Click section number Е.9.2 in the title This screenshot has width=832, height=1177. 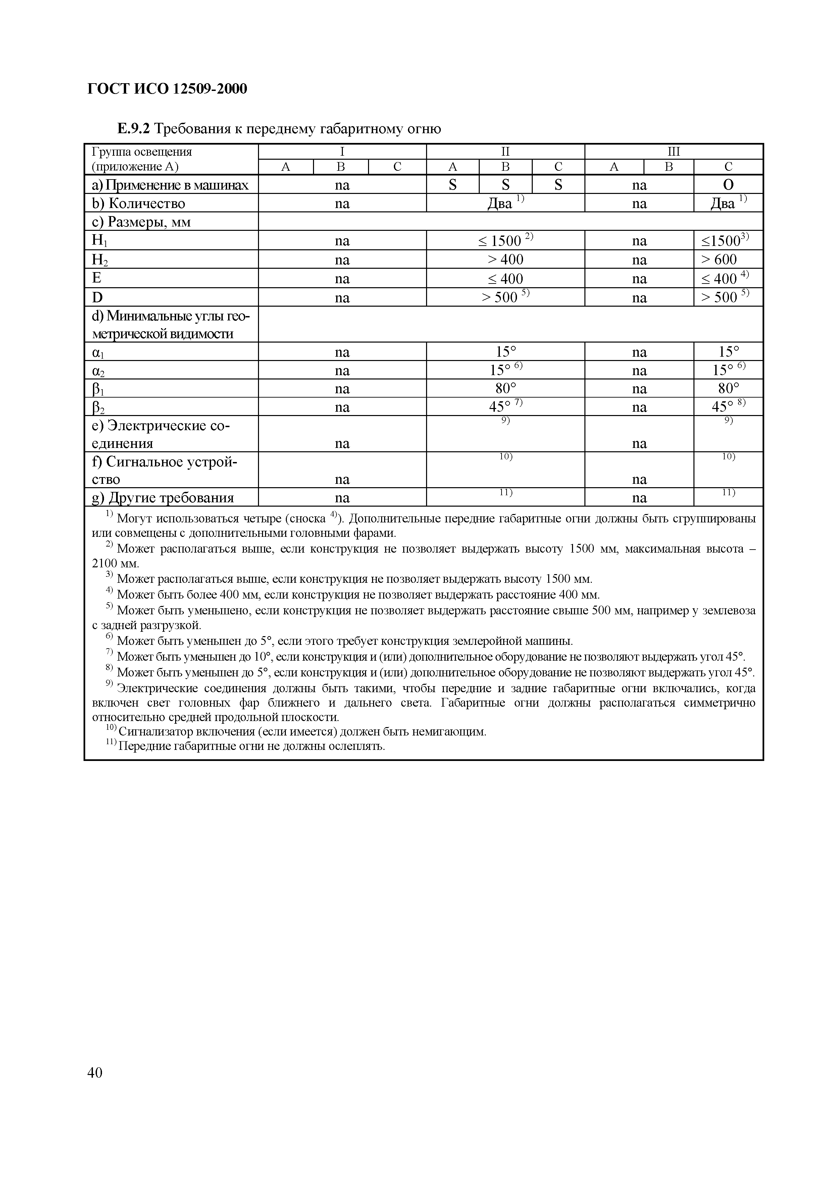tap(133, 128)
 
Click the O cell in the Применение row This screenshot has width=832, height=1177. tap(728, 185)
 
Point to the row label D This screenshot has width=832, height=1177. tap(97, 297)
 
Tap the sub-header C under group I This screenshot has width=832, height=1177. tap(397, 167)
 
